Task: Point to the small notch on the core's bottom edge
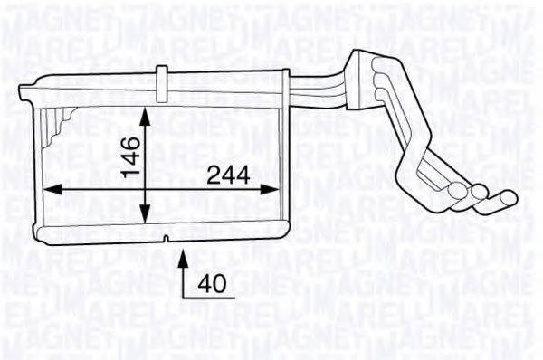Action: tap(167, 239)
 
